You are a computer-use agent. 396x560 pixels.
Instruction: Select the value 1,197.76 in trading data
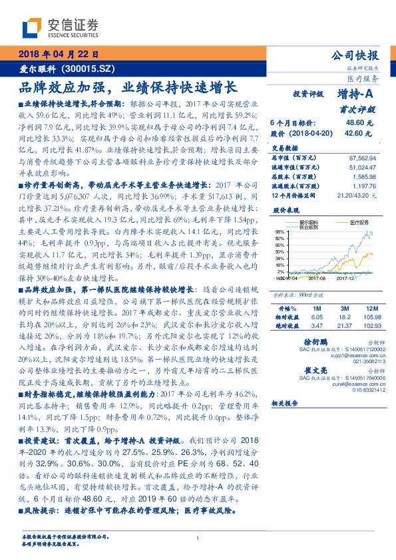363,186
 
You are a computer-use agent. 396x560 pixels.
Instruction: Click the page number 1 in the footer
198,539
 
